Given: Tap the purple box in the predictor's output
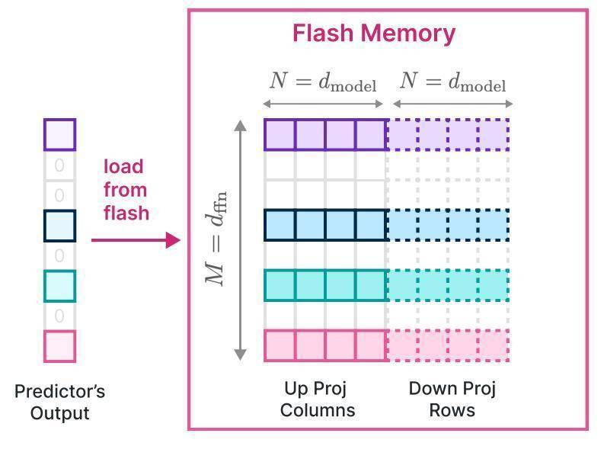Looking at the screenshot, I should pyautogui.click(x=59, y=134).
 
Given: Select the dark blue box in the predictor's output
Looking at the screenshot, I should pyautogui.click(x=59, y=226).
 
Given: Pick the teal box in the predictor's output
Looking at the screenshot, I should pyautogui.click(x=59, y=286).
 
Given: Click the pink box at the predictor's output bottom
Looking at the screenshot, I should pyautogui.click(x=59, y=346).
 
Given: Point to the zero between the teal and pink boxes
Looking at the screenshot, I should pyautogui.click(x=59, y=316).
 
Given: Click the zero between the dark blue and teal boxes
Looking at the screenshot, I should pyautogui.click(x=59, y=255).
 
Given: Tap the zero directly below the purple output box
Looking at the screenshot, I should pyautogui.click(x=59, y=165).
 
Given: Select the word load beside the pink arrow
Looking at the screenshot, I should pyautogui.click(x=123, y=166).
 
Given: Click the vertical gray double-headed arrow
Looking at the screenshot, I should pyautogui.click(x=241, y=239).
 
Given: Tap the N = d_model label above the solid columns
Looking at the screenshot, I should pyautogui.click(x=323, y=82).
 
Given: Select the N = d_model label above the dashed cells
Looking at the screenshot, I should pyautogui.click(x=453, y=82).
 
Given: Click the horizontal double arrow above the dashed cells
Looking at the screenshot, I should pyautogui.click(x=452, y=104).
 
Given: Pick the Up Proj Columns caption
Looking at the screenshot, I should pyautogui.click(x=316, y=400).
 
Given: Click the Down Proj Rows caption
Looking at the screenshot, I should pyautogui.click(x=452, y=400).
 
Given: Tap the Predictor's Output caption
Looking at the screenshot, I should pyautogui.click(x=59, y=403).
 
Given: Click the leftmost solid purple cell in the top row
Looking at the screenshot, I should pyautogui.click(x=280, y=134).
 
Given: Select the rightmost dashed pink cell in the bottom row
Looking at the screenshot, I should pyautogui.click(x=494, y=345).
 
